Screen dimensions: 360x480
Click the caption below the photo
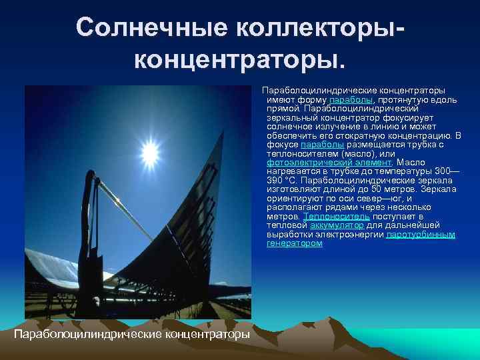(x=132, y=332)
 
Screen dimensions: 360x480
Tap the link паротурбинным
(x=421, y=235)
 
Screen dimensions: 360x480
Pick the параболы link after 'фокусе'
(x=323, y=144)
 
